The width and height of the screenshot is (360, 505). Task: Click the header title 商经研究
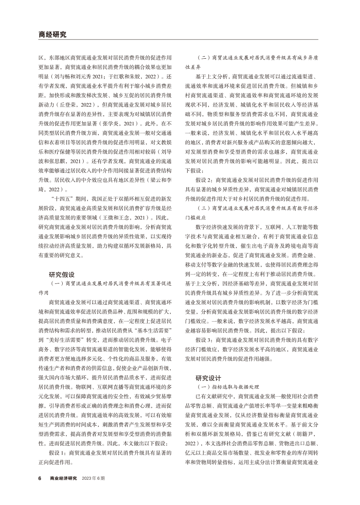[x=52, y=35]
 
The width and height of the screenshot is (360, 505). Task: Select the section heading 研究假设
[x=62, y=274]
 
